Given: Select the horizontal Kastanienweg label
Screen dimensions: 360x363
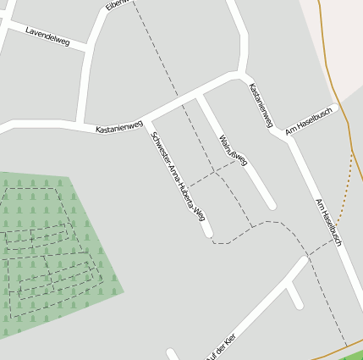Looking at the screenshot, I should (x=119, y=128).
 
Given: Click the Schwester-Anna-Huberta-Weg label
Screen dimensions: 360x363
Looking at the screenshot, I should (x=178, y=176).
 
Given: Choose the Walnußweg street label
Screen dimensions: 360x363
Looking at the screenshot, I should (x=233, y=149).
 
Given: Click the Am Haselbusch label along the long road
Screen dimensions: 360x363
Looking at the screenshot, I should (x=327, y=223).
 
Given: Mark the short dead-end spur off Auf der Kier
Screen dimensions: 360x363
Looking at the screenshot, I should (x=294, y=296).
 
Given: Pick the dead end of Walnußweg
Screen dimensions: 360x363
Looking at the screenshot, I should (x=272, y=205).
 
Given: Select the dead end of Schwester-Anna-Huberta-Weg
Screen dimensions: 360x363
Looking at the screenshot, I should (x=208, y=233).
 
